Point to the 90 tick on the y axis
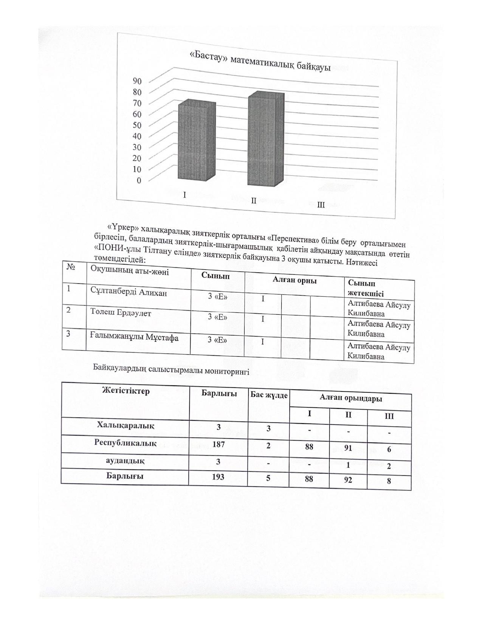point(137,81)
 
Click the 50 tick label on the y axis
point(137,125)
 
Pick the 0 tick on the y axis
point(139,180)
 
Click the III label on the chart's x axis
point(321,205)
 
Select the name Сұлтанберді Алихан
point(129,292)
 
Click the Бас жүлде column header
point(269,395)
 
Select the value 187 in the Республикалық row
point(219,444)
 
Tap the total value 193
point(218,477)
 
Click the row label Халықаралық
point(126,425)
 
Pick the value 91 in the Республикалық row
point(348,448)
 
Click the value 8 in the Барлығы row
point(389,481)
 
